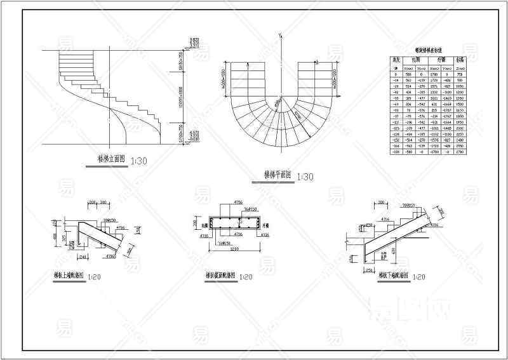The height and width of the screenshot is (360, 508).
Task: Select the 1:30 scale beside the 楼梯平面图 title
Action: tap(304, 176)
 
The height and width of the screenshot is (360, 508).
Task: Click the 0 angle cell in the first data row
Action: tap(396, 74)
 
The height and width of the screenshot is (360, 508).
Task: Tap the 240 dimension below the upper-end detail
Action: tap(84, 257)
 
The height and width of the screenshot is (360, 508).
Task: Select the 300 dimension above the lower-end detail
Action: tap(382, 203)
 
